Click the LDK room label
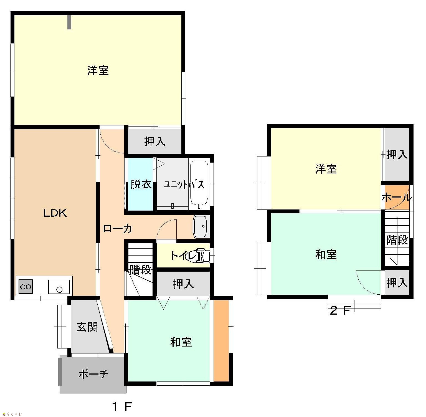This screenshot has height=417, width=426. click(55, 213)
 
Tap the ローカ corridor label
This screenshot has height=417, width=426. click(118, 229)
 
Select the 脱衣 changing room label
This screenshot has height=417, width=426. click(141, 184)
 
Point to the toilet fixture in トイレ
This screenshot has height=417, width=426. click(203, 255)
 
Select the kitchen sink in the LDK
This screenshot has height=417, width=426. click(59, 287)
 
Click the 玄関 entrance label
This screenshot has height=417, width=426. click(87, 327)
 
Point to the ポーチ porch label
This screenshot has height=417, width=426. click(93, 374)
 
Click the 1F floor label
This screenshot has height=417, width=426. click(122, 407)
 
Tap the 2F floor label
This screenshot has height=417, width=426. click(340, 310)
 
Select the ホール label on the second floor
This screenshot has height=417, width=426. click(397, 198)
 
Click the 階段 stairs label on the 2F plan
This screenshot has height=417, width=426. click(397, 240)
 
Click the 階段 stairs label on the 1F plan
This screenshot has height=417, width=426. click(141, 269)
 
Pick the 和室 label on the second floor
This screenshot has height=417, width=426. click(326, 254)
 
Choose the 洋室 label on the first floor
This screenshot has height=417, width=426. click(98, 70)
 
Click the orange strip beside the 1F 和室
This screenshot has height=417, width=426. click(221, 341)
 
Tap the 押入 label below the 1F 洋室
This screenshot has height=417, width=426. click(155, 141)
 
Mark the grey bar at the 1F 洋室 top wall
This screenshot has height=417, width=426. click(69, 22)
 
